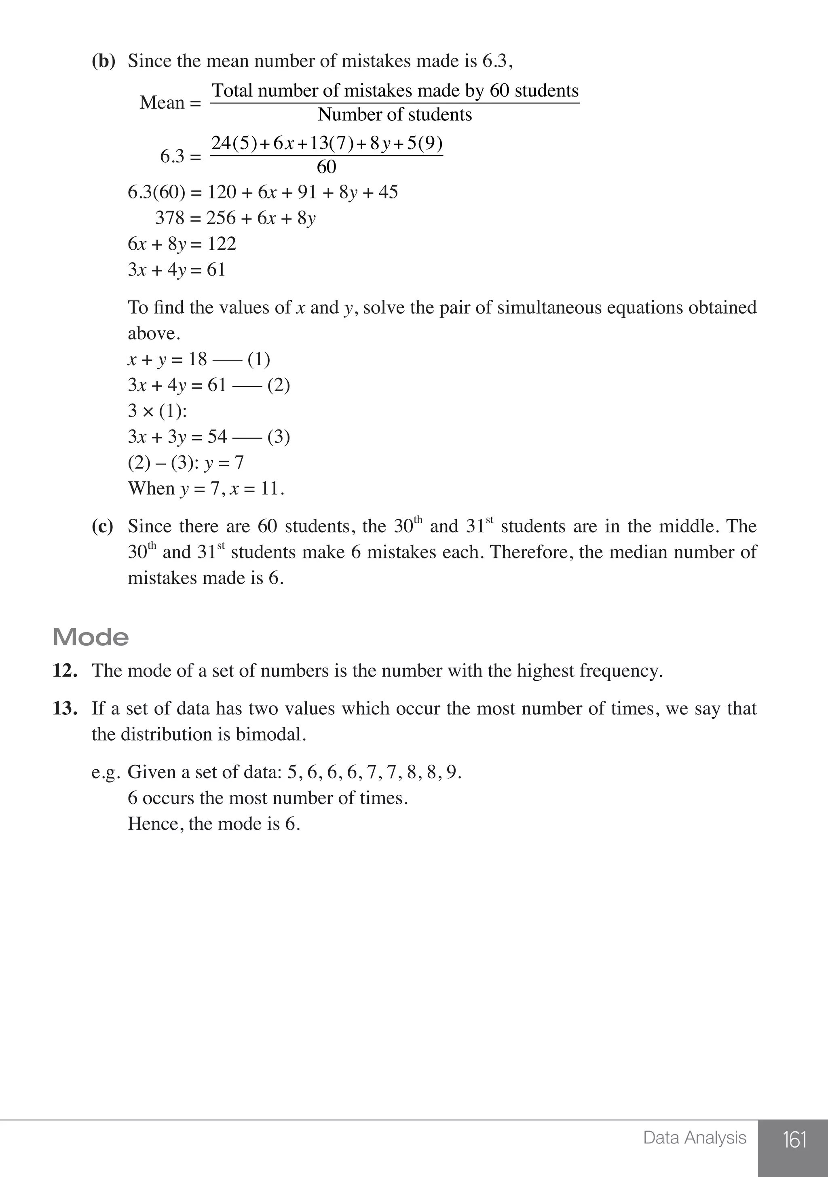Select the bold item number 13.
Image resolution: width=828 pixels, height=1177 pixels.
click(x=65, y=708)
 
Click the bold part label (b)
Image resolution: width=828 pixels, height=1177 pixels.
click(x=103, y=61)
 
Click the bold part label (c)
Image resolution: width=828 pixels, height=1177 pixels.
click(x=102, y=526)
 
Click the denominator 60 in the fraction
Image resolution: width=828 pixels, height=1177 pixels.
click(x=326, y=167)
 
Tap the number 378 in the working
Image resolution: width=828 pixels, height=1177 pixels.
click(x=169, y=218)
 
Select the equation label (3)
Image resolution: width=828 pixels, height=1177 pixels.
click(x=279, y=437)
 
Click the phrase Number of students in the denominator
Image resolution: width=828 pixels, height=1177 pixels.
click(x=395, y=114)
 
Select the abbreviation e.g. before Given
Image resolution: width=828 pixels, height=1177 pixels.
click(x=106, y=773)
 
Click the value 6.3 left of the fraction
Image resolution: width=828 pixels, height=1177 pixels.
click(x=172, y=156)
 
